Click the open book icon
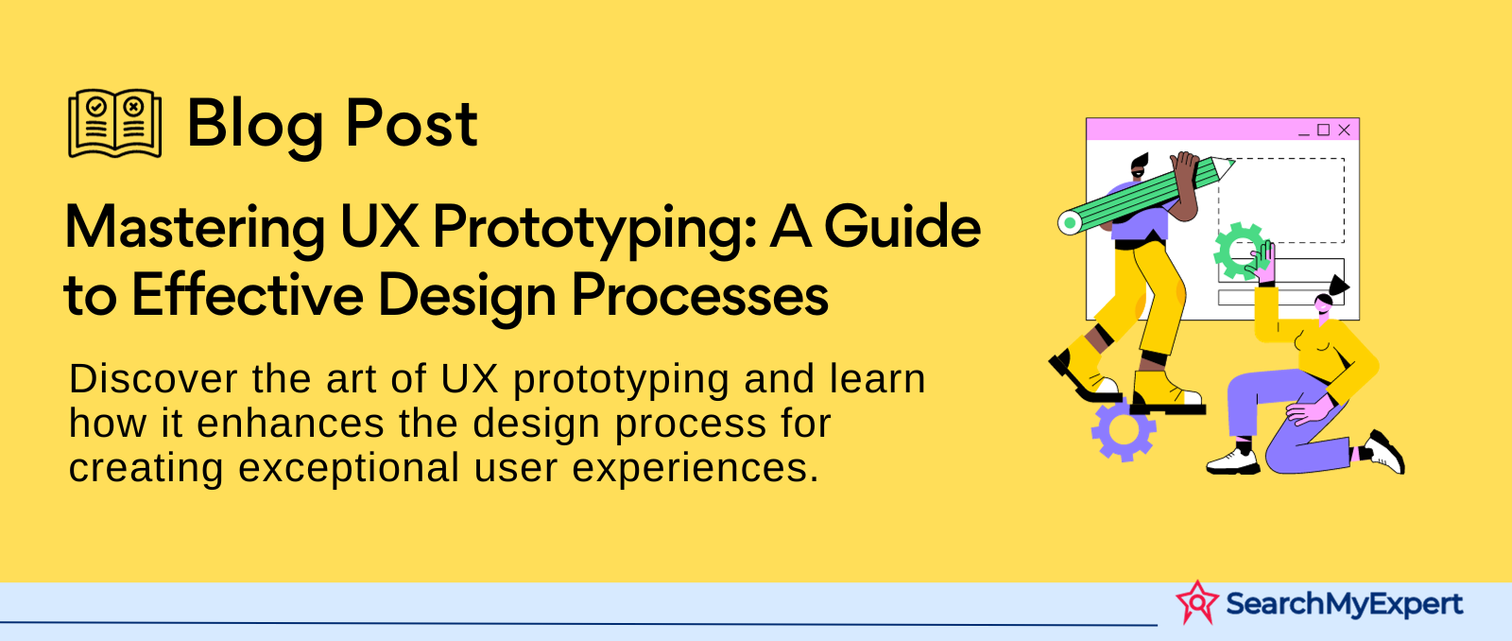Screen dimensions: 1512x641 (x=114, y=123)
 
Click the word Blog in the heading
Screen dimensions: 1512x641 (x=256, y=126)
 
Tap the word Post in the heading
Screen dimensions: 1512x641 (x=412, y=122)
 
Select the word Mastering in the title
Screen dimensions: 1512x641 (x=195, y=230)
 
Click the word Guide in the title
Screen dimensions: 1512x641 (x=902, y=226)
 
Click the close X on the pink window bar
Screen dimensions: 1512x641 (x=1344, y=130)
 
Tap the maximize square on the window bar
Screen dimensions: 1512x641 (x=1323, y=129)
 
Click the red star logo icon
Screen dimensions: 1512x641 (x=1197, y=602)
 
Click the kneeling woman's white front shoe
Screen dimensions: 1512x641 (x=1232, y=462)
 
